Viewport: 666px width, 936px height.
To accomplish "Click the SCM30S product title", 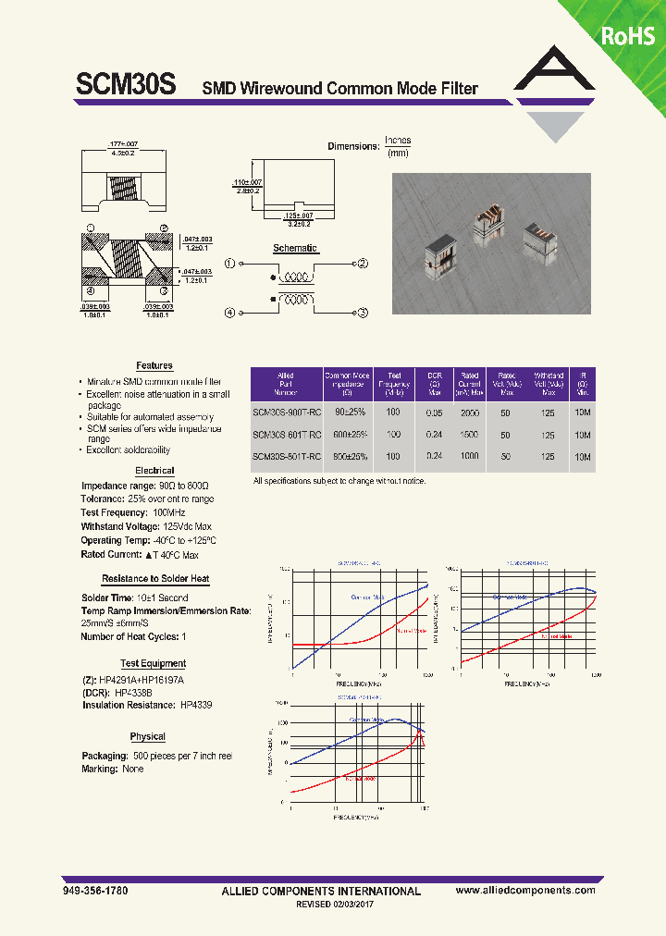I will [125, 86].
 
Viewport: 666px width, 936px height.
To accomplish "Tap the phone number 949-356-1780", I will [95, 890].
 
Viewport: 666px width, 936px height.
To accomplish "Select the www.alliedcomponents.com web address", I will [525, 890].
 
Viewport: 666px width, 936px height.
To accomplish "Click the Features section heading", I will [154, 366].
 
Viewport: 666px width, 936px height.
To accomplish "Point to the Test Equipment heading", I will [153, 663].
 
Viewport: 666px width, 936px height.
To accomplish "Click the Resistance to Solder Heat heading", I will [155, 579].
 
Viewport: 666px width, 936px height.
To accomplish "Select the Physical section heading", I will [147, 737].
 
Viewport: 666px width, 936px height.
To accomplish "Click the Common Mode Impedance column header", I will [348, 382].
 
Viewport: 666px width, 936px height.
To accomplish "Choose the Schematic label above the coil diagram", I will [295, 248].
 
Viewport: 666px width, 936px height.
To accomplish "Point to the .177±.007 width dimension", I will [122, 145].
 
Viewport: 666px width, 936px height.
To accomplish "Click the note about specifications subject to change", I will [339, 482].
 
